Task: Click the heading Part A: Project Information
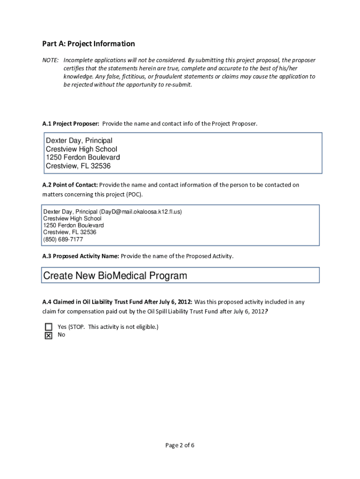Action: (88, 44)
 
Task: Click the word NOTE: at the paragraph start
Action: (50, 60)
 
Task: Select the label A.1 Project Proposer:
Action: (71, 124)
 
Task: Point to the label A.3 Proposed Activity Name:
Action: (81, 256)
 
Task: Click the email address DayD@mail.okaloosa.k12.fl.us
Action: (140, 212)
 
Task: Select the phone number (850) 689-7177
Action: (63, 239)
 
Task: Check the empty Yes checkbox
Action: (48, 327)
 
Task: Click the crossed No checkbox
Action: (48, 335)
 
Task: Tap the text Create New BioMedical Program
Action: (115, 276)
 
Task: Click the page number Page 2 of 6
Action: (180, 445)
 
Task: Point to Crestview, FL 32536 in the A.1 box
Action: (78, 166)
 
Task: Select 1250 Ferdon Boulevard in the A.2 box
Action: (73, 225)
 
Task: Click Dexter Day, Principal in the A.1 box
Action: (79, 141)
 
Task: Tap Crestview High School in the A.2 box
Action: (72, 218)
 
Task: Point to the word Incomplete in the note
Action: (78, 60)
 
